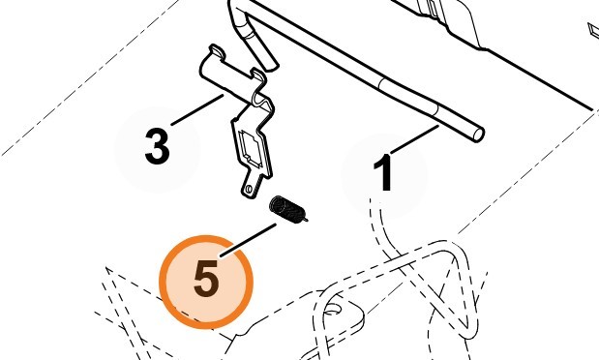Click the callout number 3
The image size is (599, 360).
[x=157, y=146]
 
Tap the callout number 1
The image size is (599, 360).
[x=383, y=172]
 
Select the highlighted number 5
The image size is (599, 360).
[x=206, y=279]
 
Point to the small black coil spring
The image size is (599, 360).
[x=287, y=209]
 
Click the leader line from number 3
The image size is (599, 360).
[x=197, y=109]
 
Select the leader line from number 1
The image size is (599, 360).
[x=414, y=139]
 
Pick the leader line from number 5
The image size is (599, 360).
[x=249, y=240]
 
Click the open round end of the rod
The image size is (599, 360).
[x=479, y=135]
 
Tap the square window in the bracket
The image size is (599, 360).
[x=251, y=149]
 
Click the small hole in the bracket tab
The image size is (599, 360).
[x=249, y=189]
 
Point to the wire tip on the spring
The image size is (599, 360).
[x=305, y=220]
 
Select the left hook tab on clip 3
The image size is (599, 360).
[x=217, y=51]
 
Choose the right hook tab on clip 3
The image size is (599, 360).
[x=258, y=75]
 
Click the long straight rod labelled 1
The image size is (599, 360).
[x=367, y=70]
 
